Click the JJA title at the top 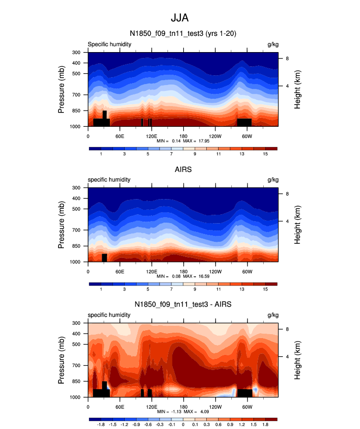180,18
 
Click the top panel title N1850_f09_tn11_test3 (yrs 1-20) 183,33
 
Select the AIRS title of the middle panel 183,169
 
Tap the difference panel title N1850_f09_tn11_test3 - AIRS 183,305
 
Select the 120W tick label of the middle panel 215,271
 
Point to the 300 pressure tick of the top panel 76,52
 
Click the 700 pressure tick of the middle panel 76,230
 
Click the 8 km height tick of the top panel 287,58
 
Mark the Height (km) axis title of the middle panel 298,225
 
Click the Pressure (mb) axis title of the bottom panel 61,361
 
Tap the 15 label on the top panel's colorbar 265,154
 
